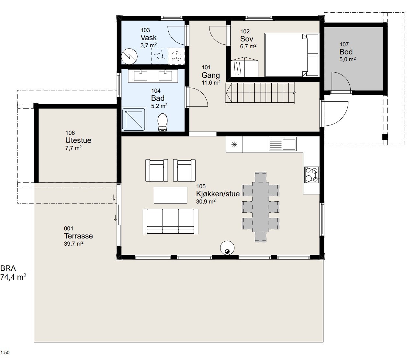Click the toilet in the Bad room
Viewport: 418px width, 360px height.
pos(163,122)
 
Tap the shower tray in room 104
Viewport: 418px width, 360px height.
pos(134,119)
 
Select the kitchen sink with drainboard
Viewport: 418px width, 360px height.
pos(283,144)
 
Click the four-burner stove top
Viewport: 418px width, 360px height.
pos(311,175)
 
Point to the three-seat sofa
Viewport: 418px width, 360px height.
pos(170,221)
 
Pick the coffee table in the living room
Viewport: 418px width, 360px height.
pos(170,195)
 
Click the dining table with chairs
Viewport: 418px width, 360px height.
pos(260,207)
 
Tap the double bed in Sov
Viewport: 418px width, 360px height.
pos(291,55)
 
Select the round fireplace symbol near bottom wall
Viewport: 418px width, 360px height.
pos(227,248)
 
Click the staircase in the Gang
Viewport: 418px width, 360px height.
pos(260,93)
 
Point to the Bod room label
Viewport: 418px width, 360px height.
pos(346,52)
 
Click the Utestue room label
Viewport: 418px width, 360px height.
pos(78,140)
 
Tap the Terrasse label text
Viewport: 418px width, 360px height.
pos(78,236)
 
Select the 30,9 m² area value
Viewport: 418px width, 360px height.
pos(206,201)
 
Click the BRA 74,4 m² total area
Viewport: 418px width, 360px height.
pos(13,273)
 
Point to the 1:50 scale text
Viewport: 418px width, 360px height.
pos(5,353)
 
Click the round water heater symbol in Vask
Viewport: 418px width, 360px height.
pos(129,56)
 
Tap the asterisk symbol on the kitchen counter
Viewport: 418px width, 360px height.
pos(234,144)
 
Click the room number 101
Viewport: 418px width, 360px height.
pos(206,67)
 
